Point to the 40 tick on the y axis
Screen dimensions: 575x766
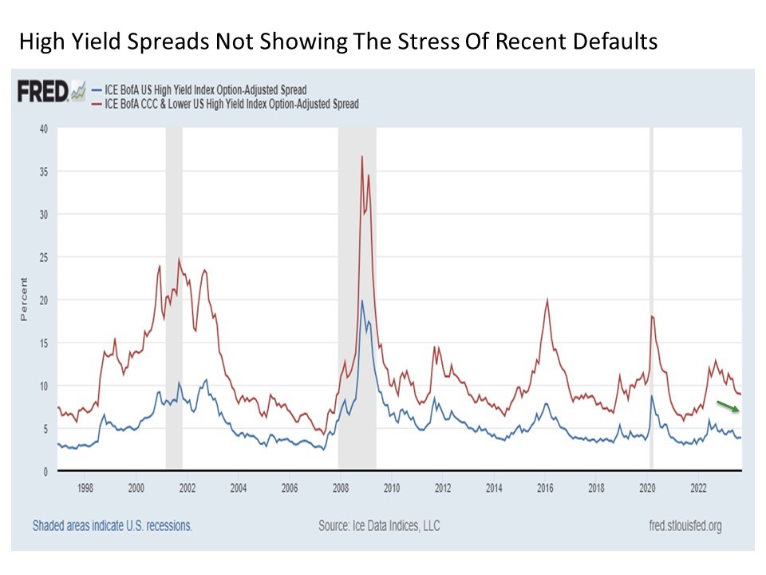pos(44,129)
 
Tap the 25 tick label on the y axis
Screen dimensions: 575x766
pos(44,257)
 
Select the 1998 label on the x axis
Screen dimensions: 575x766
pos(85,486)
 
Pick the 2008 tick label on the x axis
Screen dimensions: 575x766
pos(340,486)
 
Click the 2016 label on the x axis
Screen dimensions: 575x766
pos(545,486)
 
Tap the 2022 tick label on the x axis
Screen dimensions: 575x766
pos(697,486)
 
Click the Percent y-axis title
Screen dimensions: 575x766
pos(23,299)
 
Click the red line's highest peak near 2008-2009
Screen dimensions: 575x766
pos(362,157)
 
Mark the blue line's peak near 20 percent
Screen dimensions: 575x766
pos(362,301)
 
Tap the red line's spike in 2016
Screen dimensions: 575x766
pos(547,299)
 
